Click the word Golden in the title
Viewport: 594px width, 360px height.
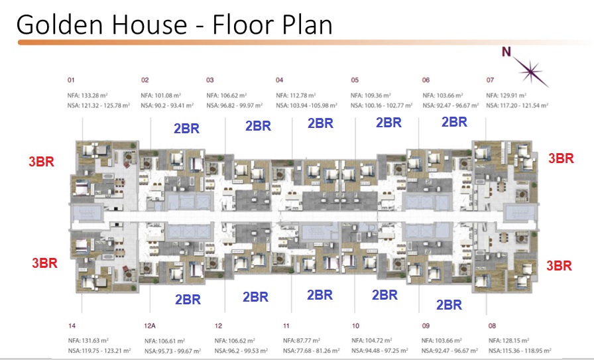click(60, 25)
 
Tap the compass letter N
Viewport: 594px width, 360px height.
click(506, 52)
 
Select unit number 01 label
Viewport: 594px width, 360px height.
click(71, 80)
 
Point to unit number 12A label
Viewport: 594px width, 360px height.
click(150, 326)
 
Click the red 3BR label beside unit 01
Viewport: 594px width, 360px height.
click(42, 161)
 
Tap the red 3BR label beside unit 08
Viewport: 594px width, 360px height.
click(559, 266)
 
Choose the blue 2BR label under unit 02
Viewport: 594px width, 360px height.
click(187, 129)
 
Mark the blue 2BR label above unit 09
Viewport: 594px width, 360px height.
click(449, 305)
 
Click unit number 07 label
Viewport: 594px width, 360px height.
click(490, 80)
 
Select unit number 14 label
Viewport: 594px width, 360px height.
click(72, 326)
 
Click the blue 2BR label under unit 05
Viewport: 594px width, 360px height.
click(388, 123)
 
